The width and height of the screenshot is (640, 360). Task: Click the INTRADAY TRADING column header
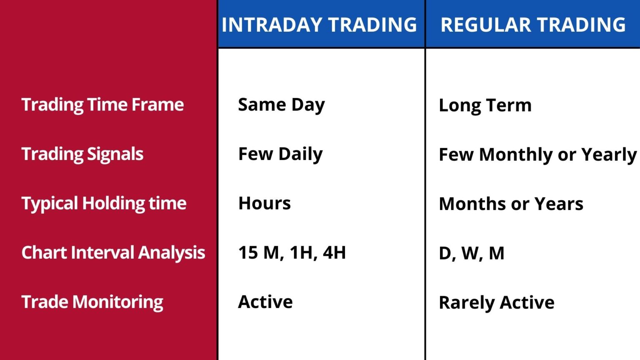coord(319,25)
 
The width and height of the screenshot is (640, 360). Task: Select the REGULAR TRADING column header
coord(533,25)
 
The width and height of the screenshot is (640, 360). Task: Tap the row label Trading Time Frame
coord(102,105)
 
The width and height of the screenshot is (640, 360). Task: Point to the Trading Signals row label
coord(82,154)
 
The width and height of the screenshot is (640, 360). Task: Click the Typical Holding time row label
coord(104,203)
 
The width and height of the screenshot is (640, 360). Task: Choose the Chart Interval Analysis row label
coord(113,252)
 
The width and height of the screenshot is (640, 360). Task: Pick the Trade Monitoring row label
coord(92,302)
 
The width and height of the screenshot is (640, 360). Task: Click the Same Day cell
coord(281,105)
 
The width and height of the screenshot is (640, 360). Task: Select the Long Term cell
coord(485,105)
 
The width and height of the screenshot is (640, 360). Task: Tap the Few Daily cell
coord(280,154)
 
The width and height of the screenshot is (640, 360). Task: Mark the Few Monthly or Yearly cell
coord(537,155)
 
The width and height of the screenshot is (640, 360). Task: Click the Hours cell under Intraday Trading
coord(265,203)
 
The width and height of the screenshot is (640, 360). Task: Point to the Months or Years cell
coord(511,204)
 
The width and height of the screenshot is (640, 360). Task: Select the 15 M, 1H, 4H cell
coord(292,252)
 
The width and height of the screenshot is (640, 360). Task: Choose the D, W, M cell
coord(471,253)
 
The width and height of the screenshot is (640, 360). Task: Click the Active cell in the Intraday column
coord(265,302)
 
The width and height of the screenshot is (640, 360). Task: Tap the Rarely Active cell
coord(496,302)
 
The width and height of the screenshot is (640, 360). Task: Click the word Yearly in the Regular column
coord(609,155)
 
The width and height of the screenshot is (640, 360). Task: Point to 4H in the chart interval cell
coord(334,252)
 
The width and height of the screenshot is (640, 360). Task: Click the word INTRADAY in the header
coord(272,25)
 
